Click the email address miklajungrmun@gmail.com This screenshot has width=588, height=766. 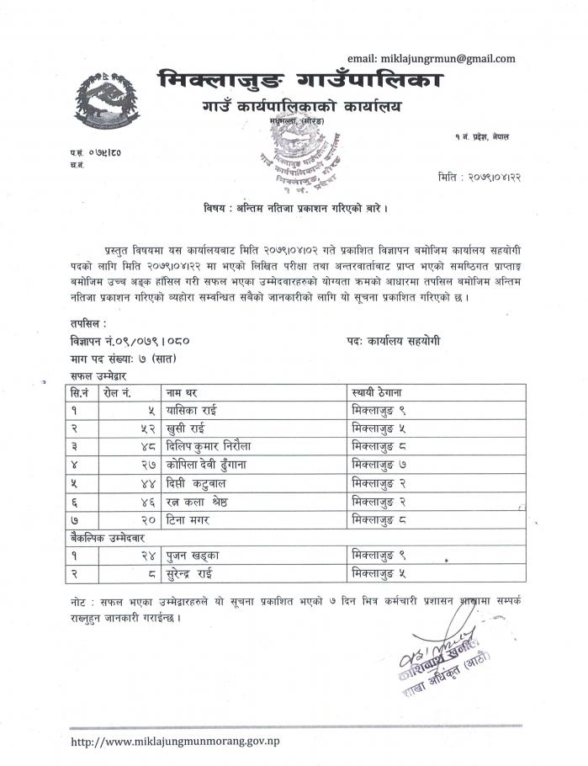pos(432,58)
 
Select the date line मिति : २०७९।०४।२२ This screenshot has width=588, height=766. pos(476,177)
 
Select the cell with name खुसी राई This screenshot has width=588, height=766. pos(188,428)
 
